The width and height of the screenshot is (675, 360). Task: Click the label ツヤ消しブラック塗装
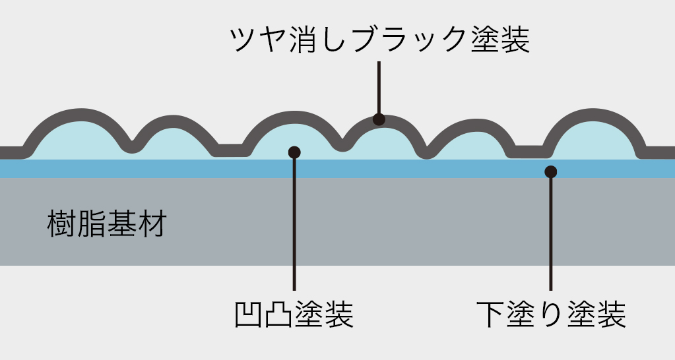(x=379, y=40)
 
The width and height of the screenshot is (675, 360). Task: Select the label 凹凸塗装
(x=294, y=315)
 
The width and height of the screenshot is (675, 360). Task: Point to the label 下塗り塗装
(x=551, y=315)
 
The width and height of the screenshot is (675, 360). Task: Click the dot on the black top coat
(x=379, y=119)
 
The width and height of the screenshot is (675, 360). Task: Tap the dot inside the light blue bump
(x=294, y=152)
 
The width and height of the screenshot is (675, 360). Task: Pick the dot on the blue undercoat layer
(x=551, y=172)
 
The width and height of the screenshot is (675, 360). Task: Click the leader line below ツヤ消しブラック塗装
(x=379, y=86)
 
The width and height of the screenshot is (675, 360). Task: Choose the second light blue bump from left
(x=173, y=142)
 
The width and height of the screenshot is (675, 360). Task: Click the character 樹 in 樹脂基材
(x=62, y=224)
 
